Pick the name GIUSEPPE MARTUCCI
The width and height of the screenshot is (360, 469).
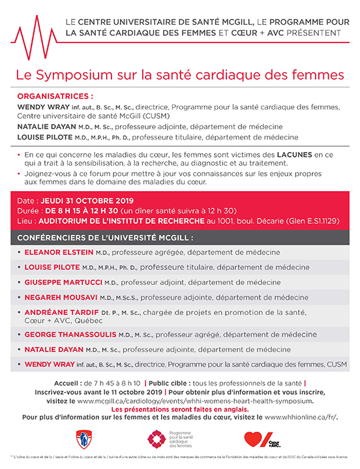click(x=67, y=282)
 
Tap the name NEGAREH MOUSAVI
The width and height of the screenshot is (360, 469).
click(x=64, y=297)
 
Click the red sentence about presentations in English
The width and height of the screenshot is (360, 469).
click(x=179, y=408)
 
